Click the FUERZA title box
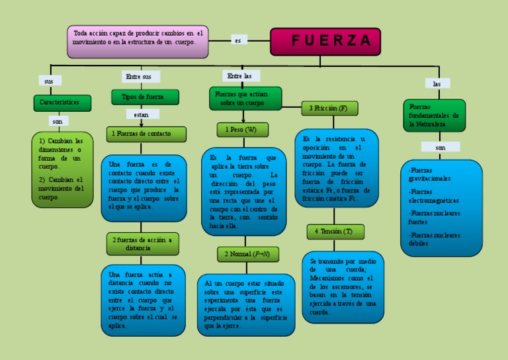click(x=325, y=41)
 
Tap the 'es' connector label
click(x=237, y=40)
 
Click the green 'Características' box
click(x=61, y=103)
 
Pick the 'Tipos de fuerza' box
click(x=145, y=97)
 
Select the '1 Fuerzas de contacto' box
click(x=146, y=134)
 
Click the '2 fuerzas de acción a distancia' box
click(x=142, y=244)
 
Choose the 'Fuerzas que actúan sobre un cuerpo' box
click(x=245, y=99)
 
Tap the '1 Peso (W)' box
click(x=242, y=130)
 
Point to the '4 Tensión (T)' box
click(x=335, y=232)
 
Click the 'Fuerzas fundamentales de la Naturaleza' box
click(x=434, y=115)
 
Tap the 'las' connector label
click(x=437, y=83)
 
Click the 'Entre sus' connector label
click(x=138, y=77)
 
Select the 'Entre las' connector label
click(x=240, y=76)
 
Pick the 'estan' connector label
click(x=142, y=114)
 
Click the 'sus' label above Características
click(x=48, y=81)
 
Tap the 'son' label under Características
click(x=58, y=122)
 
